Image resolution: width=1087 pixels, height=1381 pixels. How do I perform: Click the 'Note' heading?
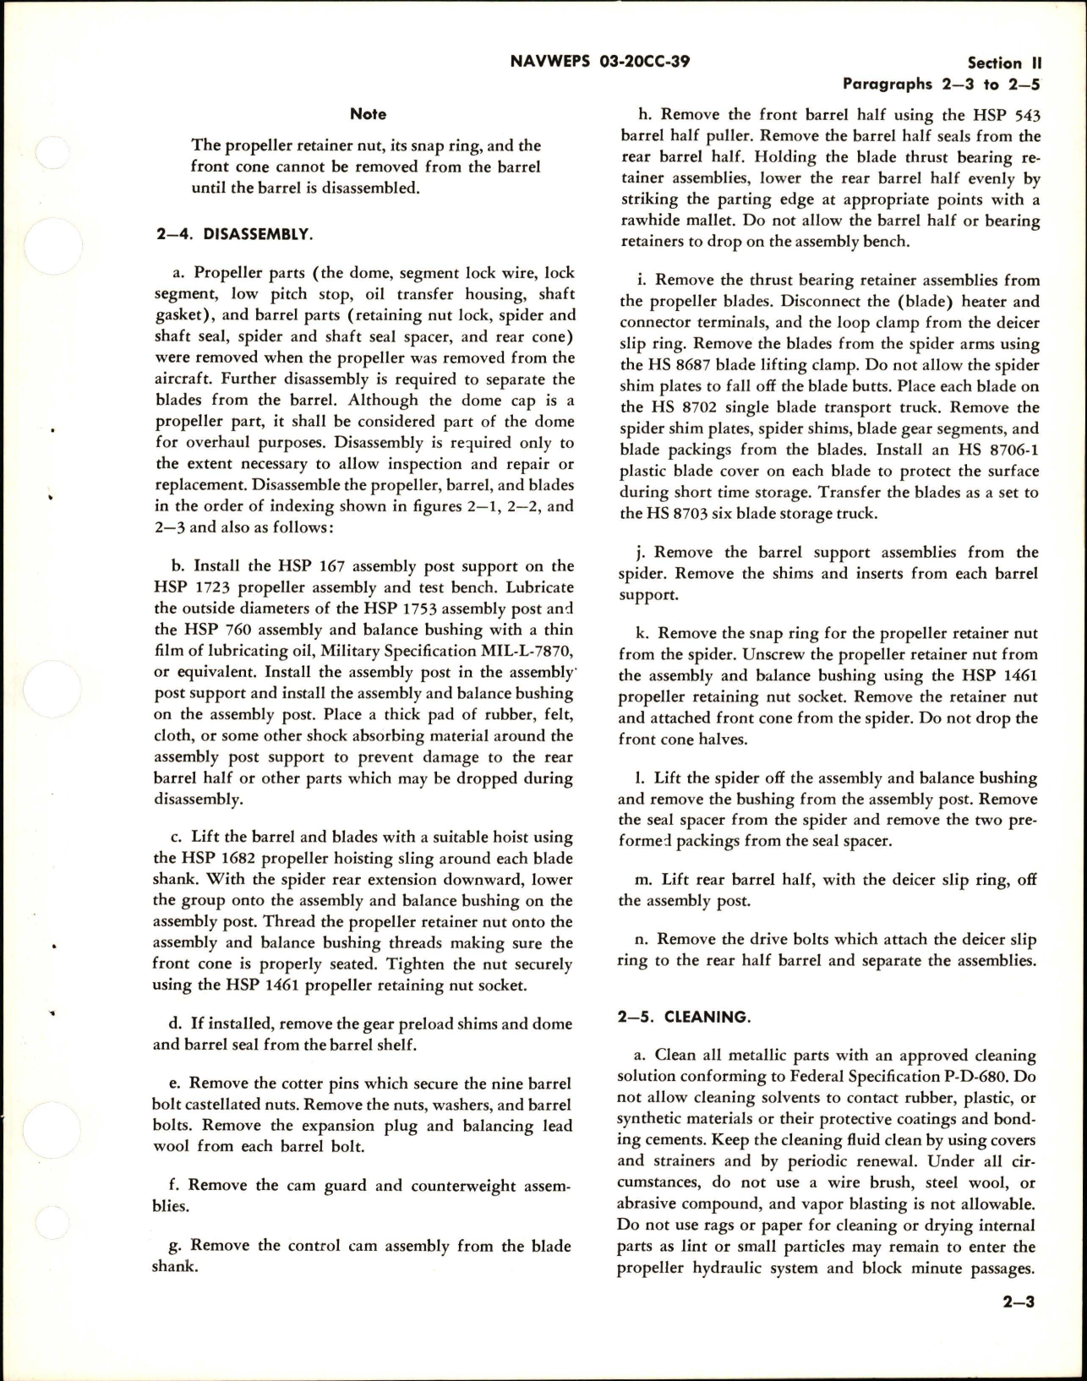pyautogui.click(x=368, y=114)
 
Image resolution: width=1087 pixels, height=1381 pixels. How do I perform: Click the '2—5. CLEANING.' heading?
pyautogui.click(x=684, y=1017)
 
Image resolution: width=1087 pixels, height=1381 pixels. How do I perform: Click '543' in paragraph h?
pyautogui.click(x=1023, y=115)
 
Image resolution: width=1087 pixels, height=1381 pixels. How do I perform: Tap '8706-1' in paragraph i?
pyautogui.click(x=1009, y=450)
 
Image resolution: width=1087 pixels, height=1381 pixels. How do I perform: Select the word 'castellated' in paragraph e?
pyautogui.click(x=231, y=1105)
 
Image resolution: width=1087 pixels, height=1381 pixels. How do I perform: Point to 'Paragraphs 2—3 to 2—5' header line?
pyautogui.click(x=941, y=85)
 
